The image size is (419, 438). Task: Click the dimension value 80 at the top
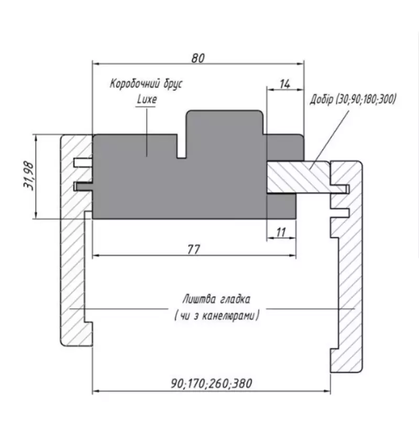pyautogui.click(x=198, y=58)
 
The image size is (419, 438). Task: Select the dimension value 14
pyautogui.click(x=285, y=84)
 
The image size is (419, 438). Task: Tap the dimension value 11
pyautogui.click(x=281, y=232)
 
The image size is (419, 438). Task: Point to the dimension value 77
pyautogui.click(x=194, y=250)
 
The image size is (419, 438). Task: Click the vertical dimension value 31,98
pyautogui.click(x=29, y=176)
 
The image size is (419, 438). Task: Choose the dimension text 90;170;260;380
pyautogui.click(x=211, y=383)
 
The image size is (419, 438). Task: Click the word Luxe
pyautogui.click(x=147, y=99)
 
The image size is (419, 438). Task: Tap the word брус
pyautogui.click(x=173, y=84)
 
